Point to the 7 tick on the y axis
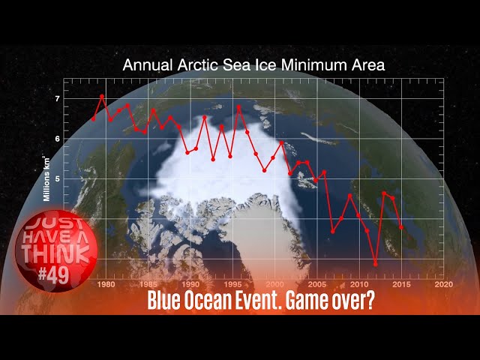pos(57,99)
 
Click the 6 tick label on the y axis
pos(57,139)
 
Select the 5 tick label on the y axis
pos(57,178)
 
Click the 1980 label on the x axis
pos(106,284)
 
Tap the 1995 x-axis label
pos(232,284)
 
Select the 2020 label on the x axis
pos(443,284)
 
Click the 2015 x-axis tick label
pos(401,284)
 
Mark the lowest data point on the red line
pos(376,264)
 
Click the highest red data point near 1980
pos(102,96)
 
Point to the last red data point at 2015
pos(401,226)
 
